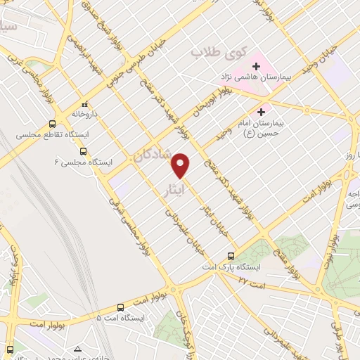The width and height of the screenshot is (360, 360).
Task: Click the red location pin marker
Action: pos(182,165)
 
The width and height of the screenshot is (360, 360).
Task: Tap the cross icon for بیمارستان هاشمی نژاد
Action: pos(256,67)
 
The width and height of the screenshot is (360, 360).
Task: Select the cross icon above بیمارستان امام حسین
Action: pos(262,111)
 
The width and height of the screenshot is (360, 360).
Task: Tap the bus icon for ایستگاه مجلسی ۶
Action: pos(84,150)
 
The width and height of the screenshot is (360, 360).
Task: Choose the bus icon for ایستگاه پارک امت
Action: pos(231,257)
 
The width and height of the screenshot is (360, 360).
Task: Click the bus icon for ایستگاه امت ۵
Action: pos(120,307)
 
